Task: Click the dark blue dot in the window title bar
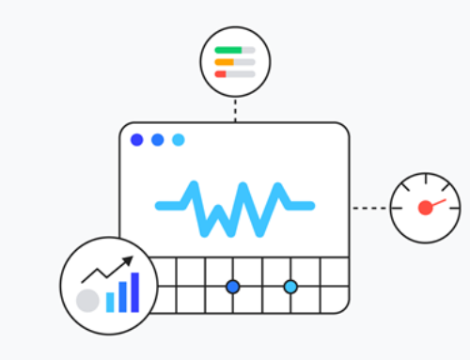pyautogui.click(x=137, y=140)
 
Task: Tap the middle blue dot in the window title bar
pyautogui.click(x=158, y=140)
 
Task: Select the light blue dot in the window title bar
pyautogui.click(x=179, y=140)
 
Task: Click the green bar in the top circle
pyautogui.click(x=227, y=50)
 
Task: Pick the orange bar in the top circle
pyautogui.click(x=225, y=62)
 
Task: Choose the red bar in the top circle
pyautogui.click(x=221, y=73)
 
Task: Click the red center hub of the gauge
pyautogui.click(x=425, y=208)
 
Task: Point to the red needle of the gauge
pyautogui.click(x=435, y=202)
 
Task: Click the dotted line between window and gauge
pyautogui.click(x=370, y=207)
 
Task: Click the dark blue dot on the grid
pyautogui.click(x=233, y=286)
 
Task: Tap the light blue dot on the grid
pyautogui.click(x=290, y=286)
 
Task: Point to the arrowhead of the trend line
pyautogui.click(x=129, y=261)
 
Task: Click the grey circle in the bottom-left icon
pyautogui.click(x=88, y=301)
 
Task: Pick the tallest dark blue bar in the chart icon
pyautogui.click(x=134, y=292)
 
